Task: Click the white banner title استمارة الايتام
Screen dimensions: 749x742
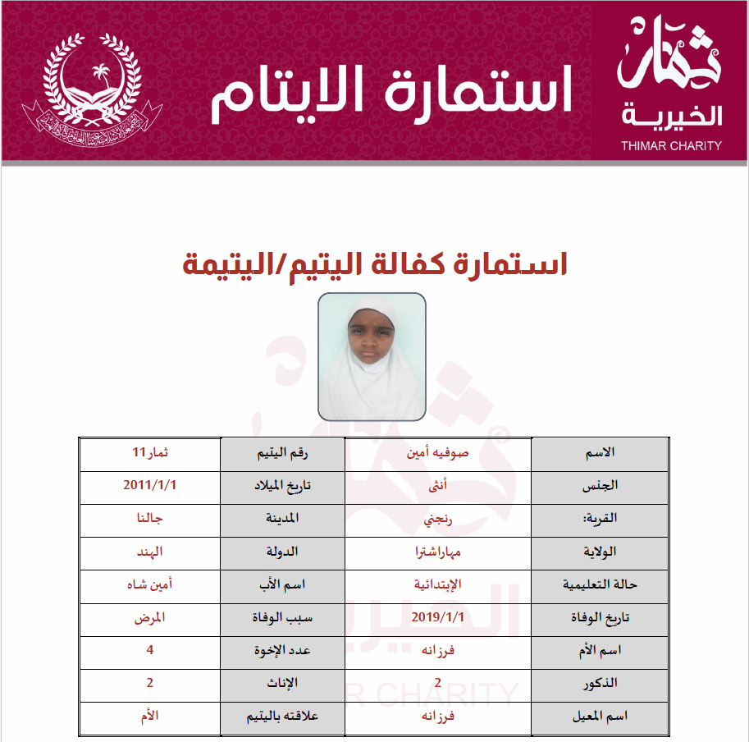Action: click(391, 91)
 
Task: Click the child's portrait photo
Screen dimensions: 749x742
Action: click(372, 356)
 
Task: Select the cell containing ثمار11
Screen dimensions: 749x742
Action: click(150, 453)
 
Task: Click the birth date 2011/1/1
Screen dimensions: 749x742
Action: click(150, 485)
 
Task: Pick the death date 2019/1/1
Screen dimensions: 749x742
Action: click(438, 617)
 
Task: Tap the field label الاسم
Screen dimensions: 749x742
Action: click(597, 453)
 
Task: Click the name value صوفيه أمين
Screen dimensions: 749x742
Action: click(438, 453)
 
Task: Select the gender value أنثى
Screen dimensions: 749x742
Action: click(439, 485)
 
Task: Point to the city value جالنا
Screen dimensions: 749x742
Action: click(150, 518)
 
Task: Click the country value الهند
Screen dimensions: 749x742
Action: click(150, 552)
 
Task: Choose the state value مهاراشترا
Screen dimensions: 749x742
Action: click(438, 552)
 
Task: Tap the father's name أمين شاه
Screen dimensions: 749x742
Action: click(150, 584)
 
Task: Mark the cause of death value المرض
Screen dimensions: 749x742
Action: click(150, 617)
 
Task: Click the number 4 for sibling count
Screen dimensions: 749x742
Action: click(150, 650)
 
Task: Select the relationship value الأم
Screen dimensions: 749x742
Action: click(150, 716)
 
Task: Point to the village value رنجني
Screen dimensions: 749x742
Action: click(438, 518)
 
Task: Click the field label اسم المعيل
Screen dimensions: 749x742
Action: click(597, 716)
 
